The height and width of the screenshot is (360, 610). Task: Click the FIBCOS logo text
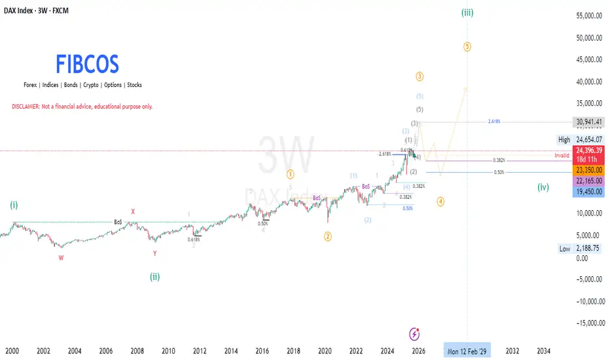click(87, 64)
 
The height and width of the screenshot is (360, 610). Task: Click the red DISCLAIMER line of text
click(82, 106)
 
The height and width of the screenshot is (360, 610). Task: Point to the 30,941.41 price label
click(587, 122)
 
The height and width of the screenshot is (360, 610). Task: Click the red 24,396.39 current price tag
click(587, 150)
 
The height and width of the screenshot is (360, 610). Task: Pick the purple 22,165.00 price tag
click(587, 180)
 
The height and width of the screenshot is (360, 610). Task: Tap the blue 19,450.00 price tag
click(587, 191)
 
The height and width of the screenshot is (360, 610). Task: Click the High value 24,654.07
click(587, 139)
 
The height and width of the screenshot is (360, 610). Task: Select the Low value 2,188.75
click(587, 248)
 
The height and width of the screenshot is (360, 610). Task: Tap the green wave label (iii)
click(467, 12)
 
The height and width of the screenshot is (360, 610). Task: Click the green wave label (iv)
click(543, 187)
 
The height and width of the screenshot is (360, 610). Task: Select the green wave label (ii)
click(154, 276)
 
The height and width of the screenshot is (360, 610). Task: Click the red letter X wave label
click(133, 211)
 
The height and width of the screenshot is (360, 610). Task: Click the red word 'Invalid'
click(562, 156)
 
